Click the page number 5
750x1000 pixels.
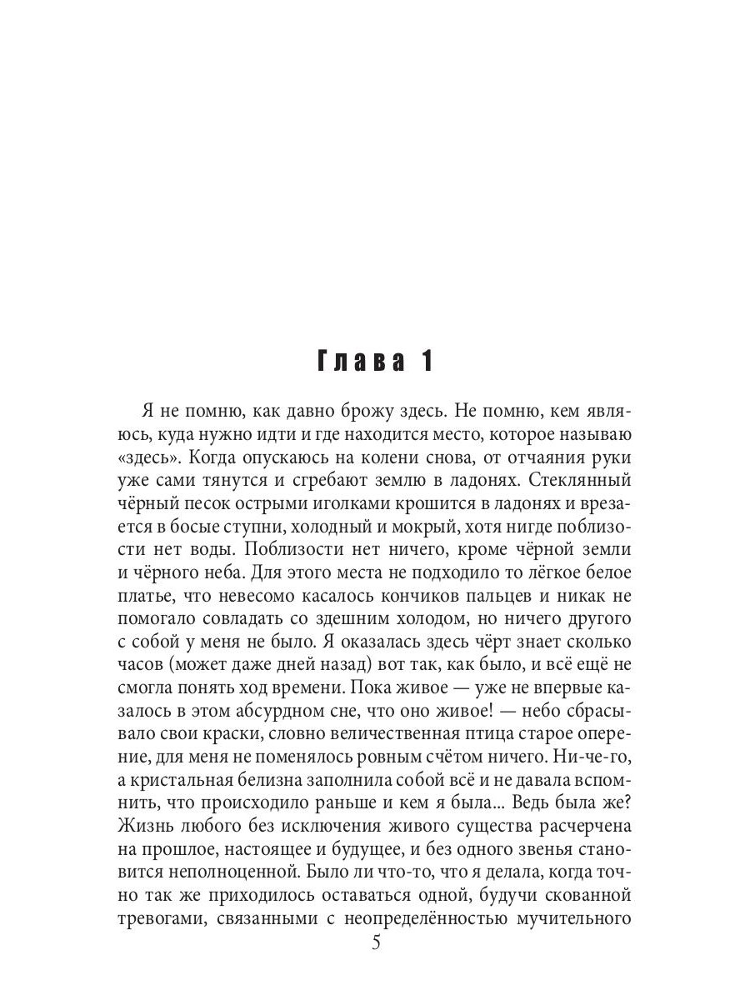pos(376,943)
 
